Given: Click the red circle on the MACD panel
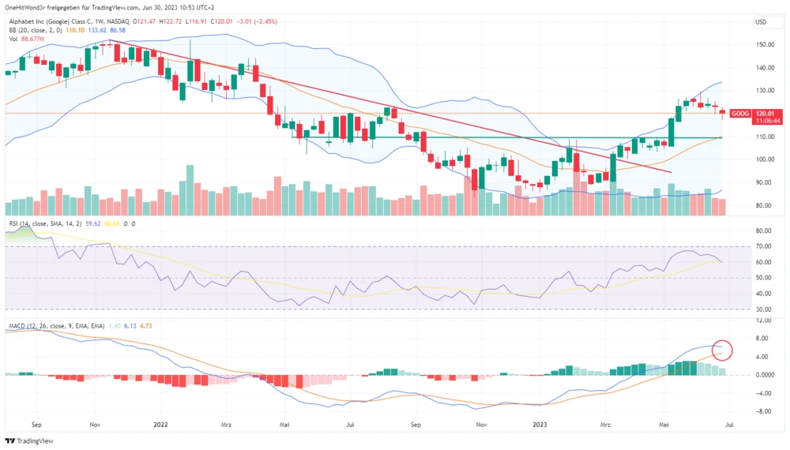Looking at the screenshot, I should [721, 350].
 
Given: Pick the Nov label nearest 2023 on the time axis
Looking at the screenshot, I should [480, 424].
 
